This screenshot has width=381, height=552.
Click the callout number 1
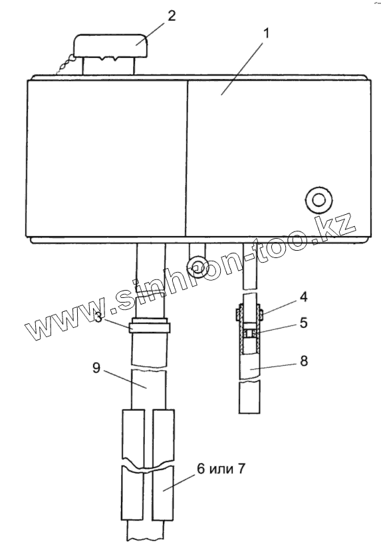click(266, 34)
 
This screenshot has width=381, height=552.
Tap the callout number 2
click(172, 16)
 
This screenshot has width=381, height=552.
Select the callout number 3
click(99, 317)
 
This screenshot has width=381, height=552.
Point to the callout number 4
click(303, 297)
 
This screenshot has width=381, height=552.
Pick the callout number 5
click(303, 323)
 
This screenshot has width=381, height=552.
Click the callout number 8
click(303, 361)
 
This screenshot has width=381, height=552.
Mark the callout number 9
click(96, 368)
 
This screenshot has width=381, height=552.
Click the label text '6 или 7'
click(221, 469)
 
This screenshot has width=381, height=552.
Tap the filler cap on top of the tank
click(110, 46)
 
